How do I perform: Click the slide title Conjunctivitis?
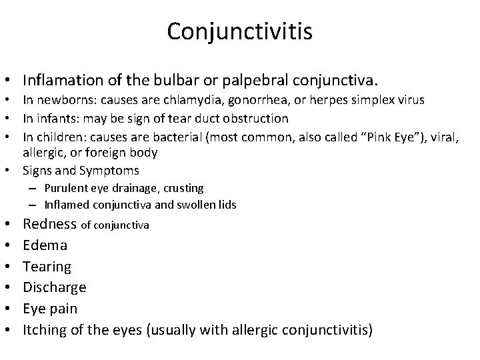pyautogui.click(x=239, y=31)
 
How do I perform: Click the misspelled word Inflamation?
pyautogui.click(x=61, y=81)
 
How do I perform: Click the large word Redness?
pyautogui.click(x=50, y=225)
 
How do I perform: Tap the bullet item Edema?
pyautogui.click(x=45, y=245)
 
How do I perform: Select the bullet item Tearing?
pyautogui.click(x=47, y=267)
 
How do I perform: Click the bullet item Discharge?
pyautogui.click(x=55, y=287)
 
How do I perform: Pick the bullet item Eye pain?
pyautogui.click(x=50, y=309)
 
